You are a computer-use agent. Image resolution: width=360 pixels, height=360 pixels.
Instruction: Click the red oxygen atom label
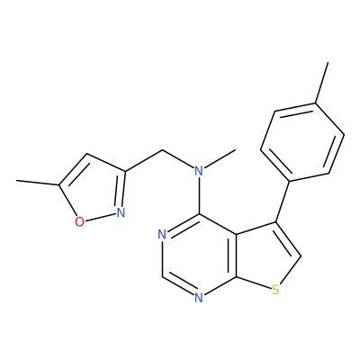click(79, 221)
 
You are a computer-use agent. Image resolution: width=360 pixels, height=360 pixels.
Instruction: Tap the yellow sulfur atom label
click(275, 290)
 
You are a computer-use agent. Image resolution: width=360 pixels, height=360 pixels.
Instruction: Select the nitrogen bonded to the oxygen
click(121, 212)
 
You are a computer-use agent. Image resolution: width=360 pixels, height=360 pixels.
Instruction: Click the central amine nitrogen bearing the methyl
click(199, 171)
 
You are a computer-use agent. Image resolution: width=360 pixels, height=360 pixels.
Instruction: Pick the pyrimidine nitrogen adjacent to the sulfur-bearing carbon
click(199, 298)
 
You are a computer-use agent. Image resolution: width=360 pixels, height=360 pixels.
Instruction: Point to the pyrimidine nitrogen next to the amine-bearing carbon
click(162, 234)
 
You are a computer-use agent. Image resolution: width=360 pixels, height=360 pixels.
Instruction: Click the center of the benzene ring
click(302, 142)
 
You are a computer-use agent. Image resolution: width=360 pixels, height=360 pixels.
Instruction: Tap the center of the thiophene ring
click(265, 258)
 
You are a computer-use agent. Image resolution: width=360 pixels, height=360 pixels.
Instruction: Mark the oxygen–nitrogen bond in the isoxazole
click(100, 217)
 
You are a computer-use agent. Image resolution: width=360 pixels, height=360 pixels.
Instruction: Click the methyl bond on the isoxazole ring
click(38, 183)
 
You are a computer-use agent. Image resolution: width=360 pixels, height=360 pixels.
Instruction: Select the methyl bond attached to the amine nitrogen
click(220, 158)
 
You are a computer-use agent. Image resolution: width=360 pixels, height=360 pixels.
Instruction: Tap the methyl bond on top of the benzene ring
click(321, 83)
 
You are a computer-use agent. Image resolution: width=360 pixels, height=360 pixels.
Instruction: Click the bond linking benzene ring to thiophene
click(283, 202)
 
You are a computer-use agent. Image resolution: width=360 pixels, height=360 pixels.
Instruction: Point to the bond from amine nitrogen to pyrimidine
click(199, 195)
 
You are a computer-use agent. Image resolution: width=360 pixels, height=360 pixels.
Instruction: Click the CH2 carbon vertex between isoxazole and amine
click(162, 150)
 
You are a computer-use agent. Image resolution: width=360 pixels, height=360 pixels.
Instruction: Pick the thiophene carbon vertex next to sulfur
click(301, 256)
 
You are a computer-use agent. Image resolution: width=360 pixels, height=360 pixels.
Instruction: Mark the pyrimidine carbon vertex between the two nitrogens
click(162, 276)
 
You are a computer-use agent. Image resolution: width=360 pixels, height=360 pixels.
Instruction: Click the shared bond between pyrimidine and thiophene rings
click(236, 256)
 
